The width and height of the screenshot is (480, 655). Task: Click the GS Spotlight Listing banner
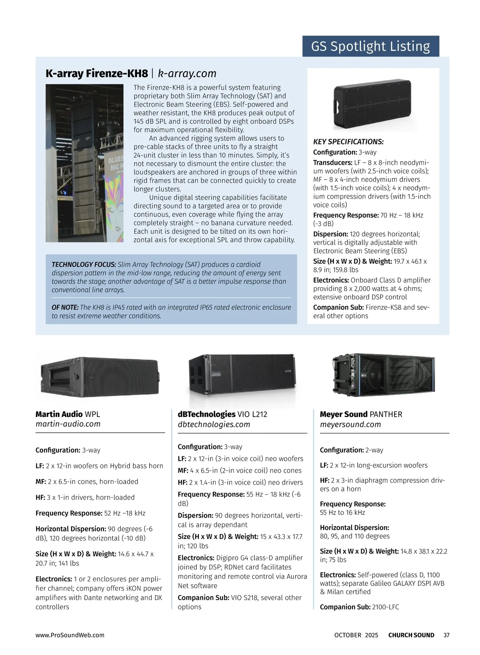click(x=370, y=46)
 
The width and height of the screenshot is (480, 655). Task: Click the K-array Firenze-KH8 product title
click(x=96, y=74)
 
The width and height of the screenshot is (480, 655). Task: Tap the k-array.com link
click(x=187, y=74)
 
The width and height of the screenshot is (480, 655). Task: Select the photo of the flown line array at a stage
click(x=84, y=163)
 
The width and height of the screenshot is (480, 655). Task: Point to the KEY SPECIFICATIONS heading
click(x=348, y=142)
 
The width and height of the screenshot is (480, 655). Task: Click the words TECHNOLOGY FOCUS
click(x=84, y=265)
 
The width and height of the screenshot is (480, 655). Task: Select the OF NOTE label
click(x=65, y=308)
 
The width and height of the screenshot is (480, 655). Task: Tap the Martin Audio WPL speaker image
click(x=100, y=377)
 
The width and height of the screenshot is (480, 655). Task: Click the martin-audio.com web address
click(x=68, y=424)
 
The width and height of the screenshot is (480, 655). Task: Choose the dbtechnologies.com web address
click(x=214, y=425)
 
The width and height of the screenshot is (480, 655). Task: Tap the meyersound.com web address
click(x=350, y=425)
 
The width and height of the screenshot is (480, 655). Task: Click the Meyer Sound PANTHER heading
click(x=361, y=414)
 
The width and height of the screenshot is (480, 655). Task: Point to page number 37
click(x=446, y=635)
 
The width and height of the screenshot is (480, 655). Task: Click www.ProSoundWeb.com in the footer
click(x=70, y=635)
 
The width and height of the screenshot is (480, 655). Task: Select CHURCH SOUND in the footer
click(x=411, y=635)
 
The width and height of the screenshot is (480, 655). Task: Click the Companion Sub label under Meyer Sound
click(x=345, y=607)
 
